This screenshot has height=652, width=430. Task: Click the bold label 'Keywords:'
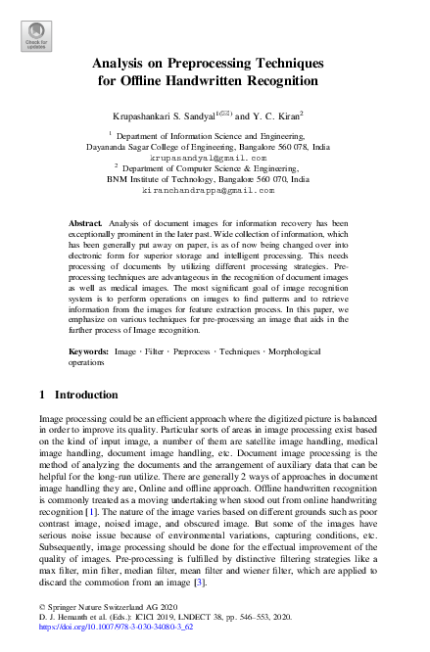pos(89,349)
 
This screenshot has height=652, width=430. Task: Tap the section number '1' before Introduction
pos(42,395)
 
